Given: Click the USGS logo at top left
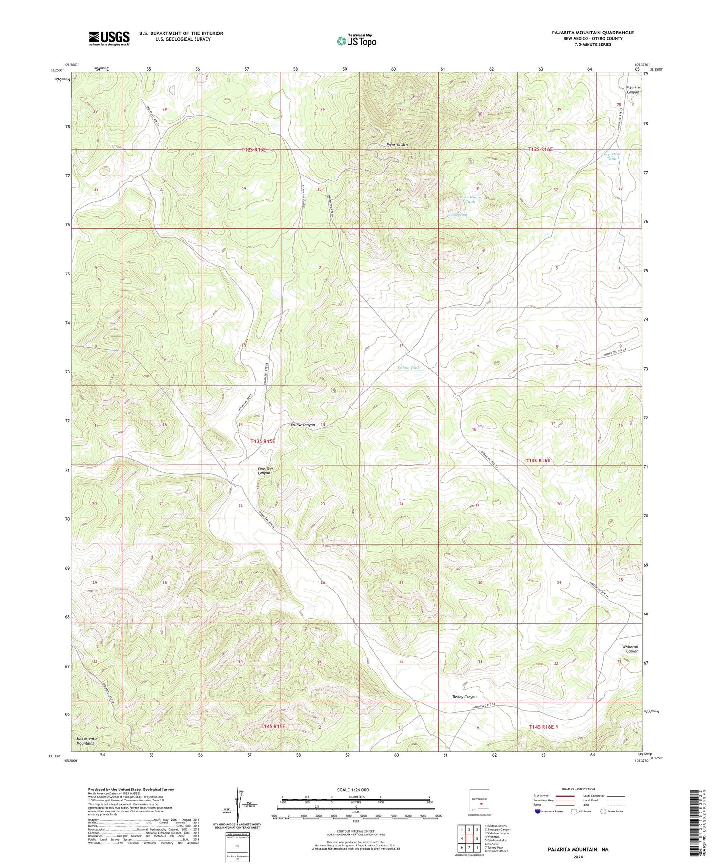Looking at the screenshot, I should tap(109, 38).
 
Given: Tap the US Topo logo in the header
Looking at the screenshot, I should tap(357, 41).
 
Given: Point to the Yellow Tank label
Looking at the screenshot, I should tap(409, 367).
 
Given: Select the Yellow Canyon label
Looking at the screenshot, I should tap(303, 425).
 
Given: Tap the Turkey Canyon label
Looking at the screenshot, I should tap(464, 697).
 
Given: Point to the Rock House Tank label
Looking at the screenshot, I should tap(470, 199).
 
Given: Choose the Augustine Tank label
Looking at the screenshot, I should tap(611, 156).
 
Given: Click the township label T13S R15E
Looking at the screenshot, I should tap(263, 441).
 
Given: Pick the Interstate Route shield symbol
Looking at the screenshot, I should tap(538, 812).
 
